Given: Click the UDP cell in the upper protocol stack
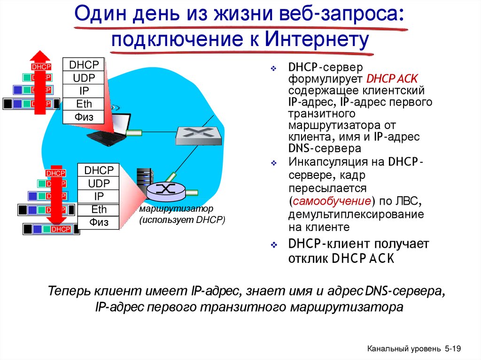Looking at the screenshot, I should coord(84,78).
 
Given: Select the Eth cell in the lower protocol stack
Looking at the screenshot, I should coord(99,209).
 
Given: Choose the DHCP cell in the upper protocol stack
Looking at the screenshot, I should coord(84,65).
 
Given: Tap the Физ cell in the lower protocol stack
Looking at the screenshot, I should coord(99,222).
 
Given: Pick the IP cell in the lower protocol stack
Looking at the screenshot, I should coord(99,196).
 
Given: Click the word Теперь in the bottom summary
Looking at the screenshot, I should coord(70,291).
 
